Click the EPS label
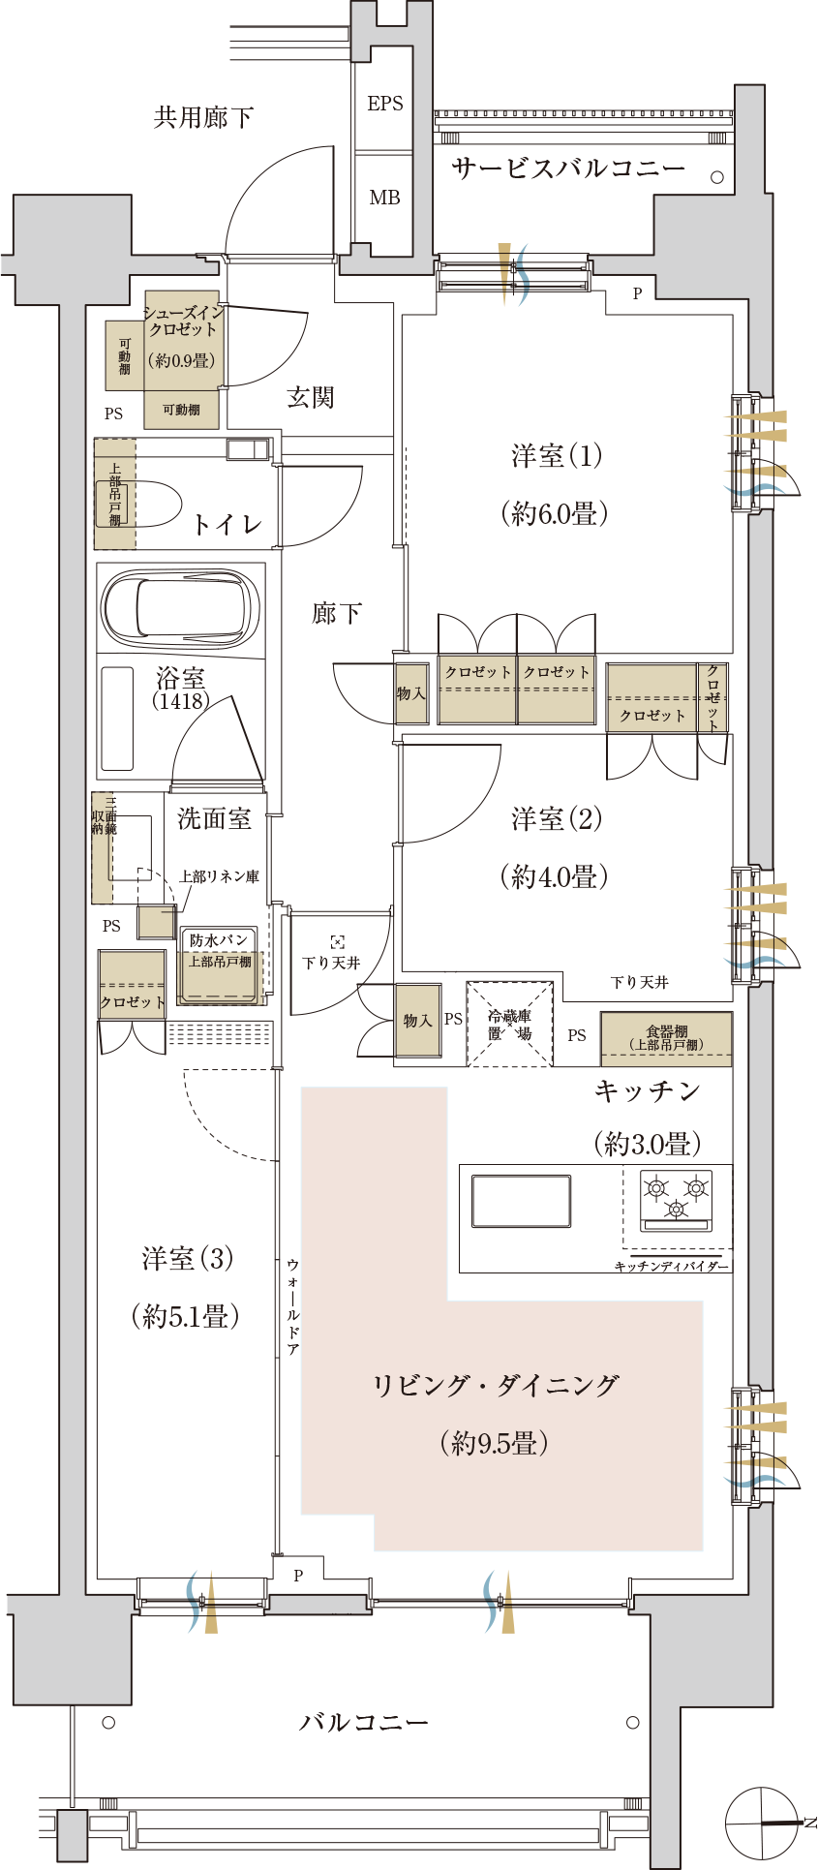(x=384, y=104)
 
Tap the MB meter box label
(x=384, y=198)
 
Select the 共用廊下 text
(x=203, y=118)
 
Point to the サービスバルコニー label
(x=568, y=169)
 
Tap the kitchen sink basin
(x=521, y=1201)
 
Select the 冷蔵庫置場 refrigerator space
(x=510, y=1025)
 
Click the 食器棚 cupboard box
(x=666, y=1039)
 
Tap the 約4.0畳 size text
(x=555, y=877)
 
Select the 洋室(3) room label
(x=187, y=1259)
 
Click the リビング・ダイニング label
(x=496, y=1386)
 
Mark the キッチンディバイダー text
(x=671, y=1267)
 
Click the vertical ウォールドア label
(x=292, y=1307)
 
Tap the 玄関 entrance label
(x=310, y=397)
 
